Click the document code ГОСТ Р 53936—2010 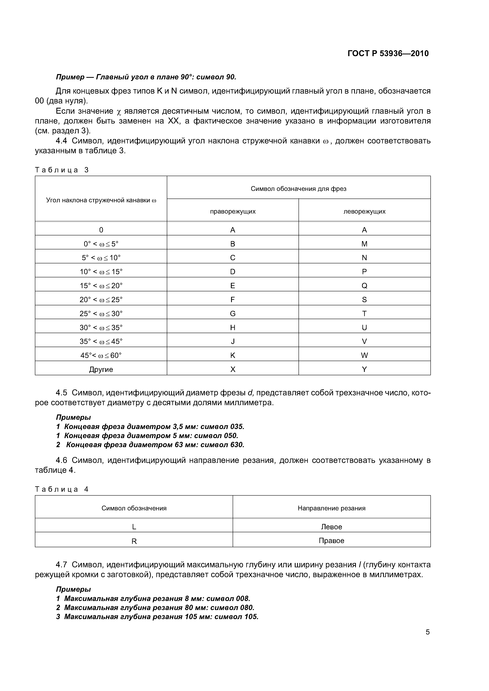point(388,54)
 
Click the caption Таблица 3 point(62,170)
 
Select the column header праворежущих point(233,212)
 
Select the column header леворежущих point(364,212)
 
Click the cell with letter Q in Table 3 point(364,286)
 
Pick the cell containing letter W point(364,355)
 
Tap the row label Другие point(101,370)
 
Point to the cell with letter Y point(364,370)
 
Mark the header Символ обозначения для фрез point(298,189)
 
